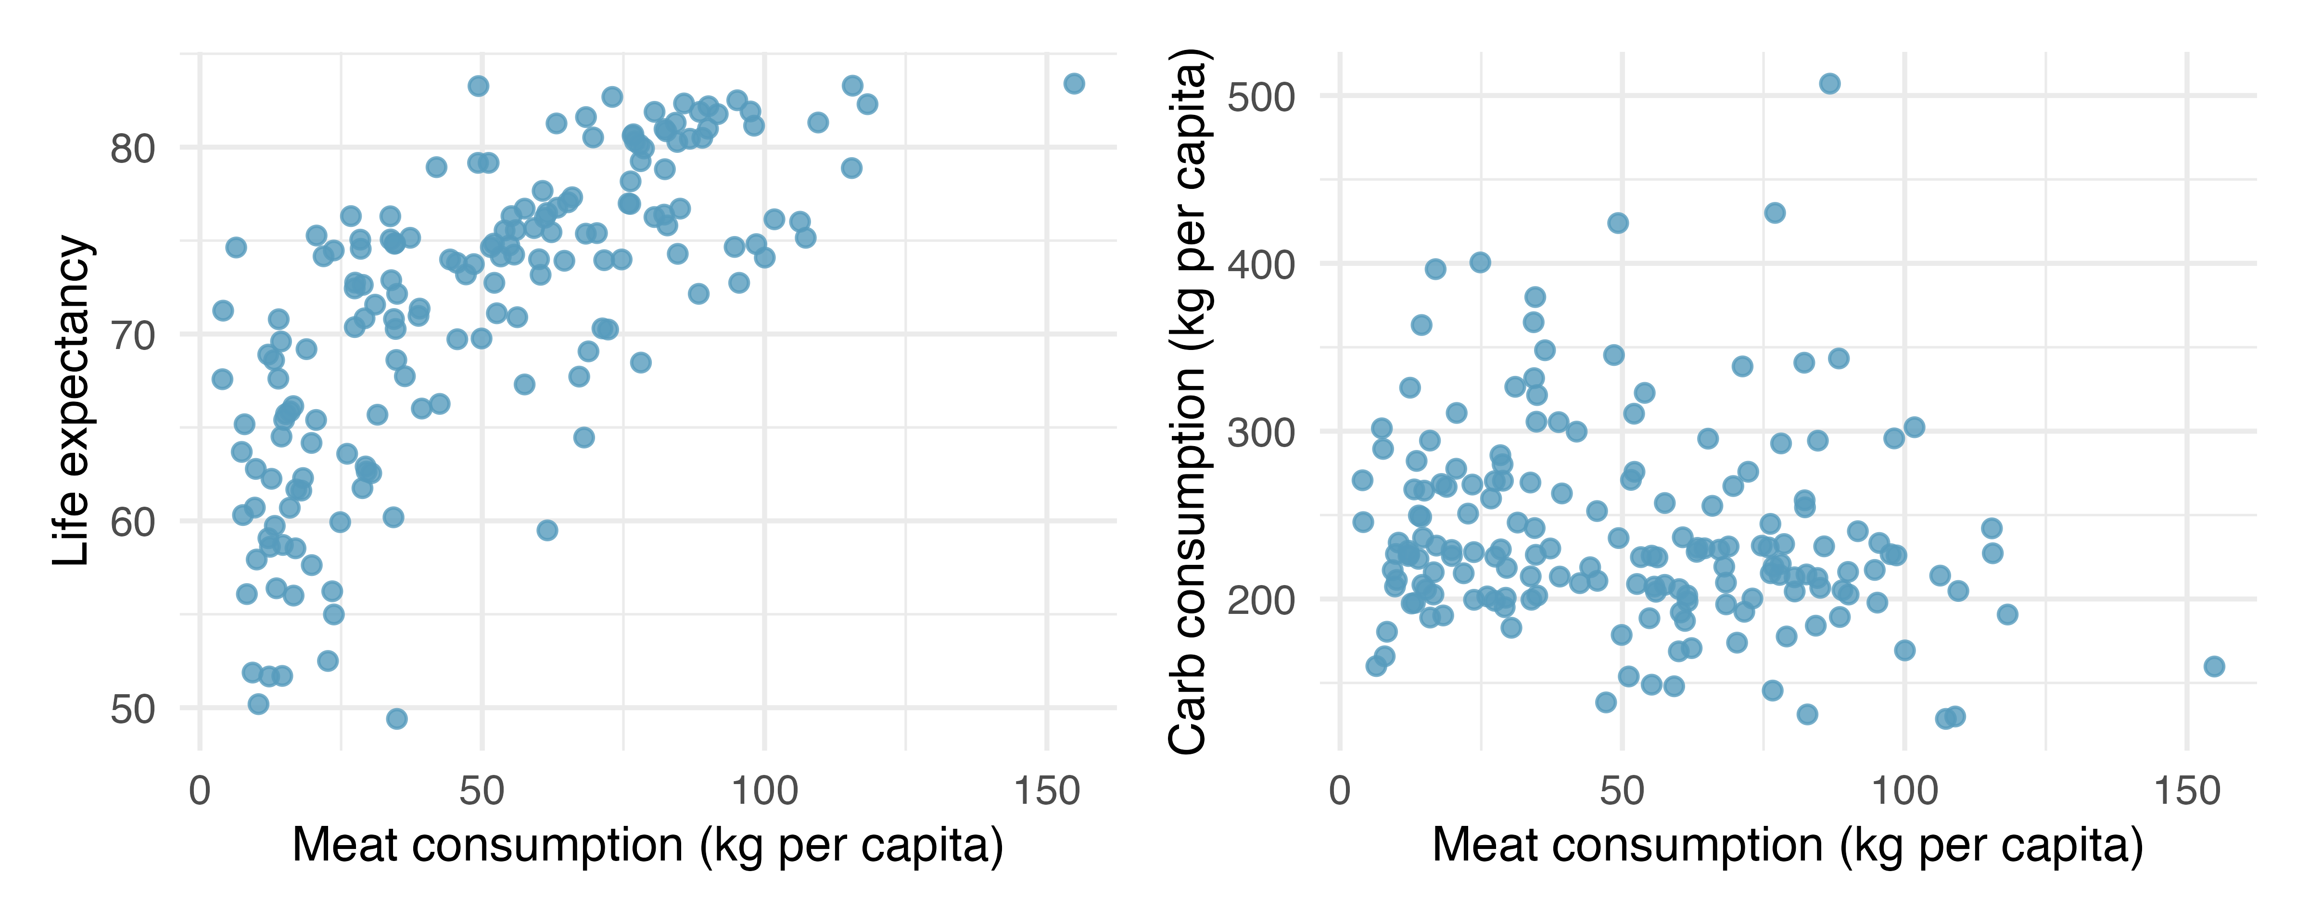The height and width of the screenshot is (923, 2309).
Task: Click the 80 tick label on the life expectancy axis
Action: (x=133, y=149)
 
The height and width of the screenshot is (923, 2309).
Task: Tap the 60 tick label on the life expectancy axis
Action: (x=133, y=523)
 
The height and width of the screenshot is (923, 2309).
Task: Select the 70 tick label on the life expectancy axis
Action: (x=133, y=336)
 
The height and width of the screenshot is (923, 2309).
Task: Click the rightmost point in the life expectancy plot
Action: (x=1074, y=83)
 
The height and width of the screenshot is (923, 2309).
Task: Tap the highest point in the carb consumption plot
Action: (x=1829, y=83)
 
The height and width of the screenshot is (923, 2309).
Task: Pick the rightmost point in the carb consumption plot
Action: (x=2214, y=666)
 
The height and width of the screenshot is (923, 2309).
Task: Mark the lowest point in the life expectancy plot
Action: (x=396, y=719)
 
